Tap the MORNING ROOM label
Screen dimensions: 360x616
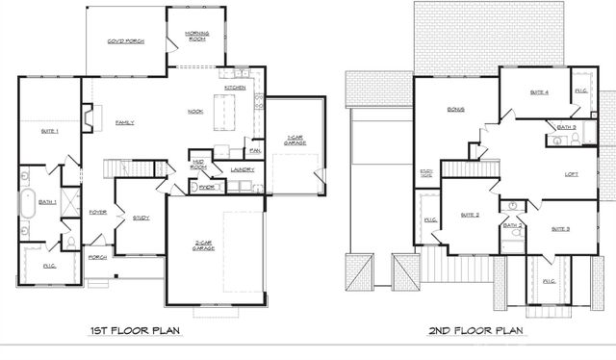click(197, 37)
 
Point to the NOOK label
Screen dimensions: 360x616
click(194, 112)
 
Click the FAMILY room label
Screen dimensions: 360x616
click(124, 123)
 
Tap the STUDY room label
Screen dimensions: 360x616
click(141, 219)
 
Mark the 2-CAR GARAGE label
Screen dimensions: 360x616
click(203, 245)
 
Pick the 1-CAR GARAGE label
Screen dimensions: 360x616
click(295, 140)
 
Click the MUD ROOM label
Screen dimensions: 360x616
click(199, 165)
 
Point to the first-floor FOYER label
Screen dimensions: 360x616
click(98, 212)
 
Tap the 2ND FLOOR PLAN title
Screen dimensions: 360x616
click(476, 332)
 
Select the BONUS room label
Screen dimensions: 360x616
click(455, 110)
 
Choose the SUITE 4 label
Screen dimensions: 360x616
click(539, 92)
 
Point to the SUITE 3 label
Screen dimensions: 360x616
click(561, 229)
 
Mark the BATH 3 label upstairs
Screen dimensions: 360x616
click(566, 127)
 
